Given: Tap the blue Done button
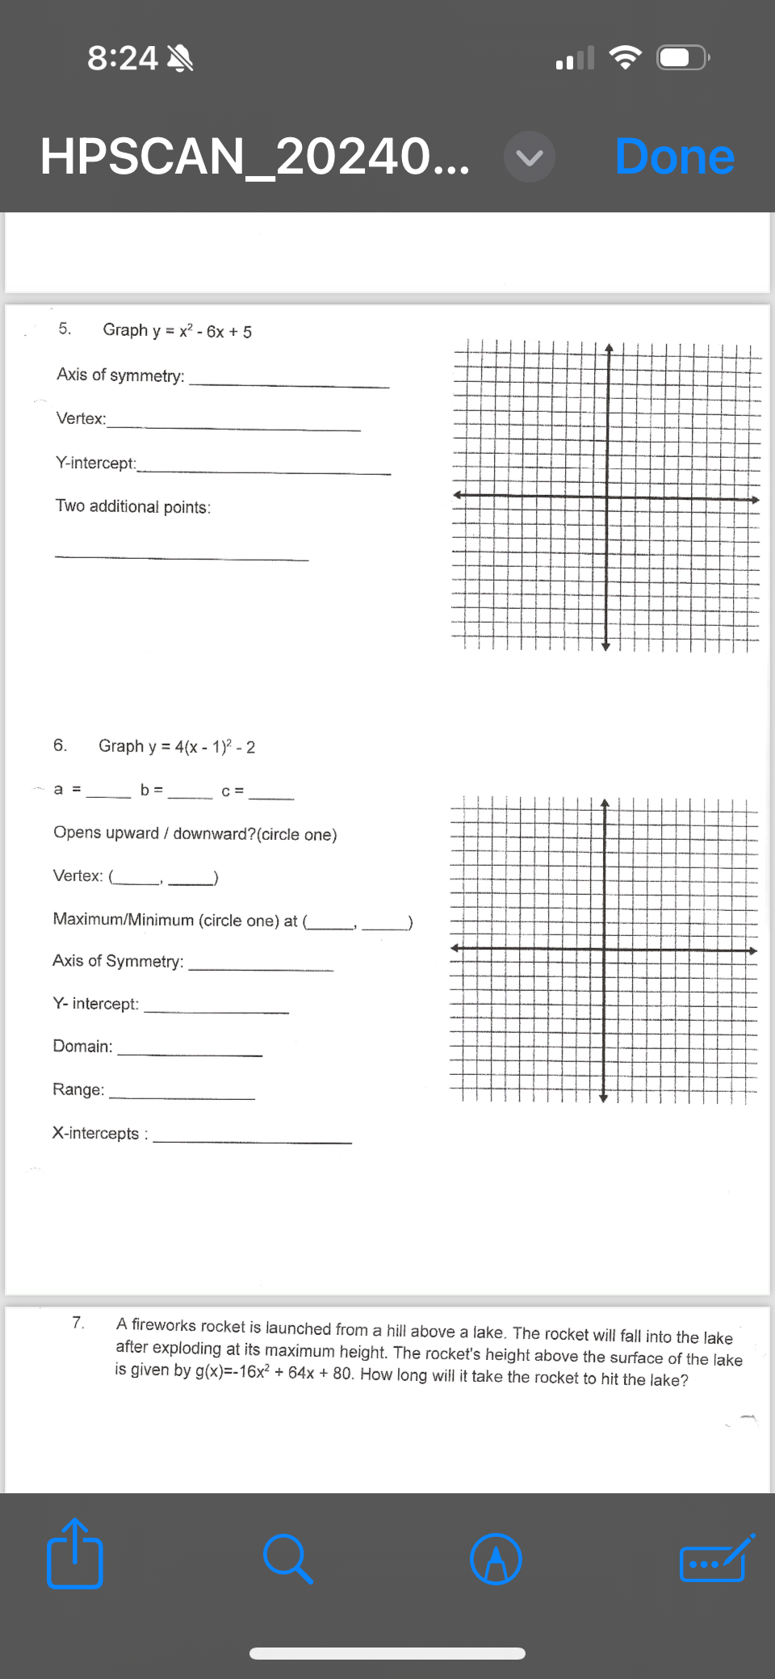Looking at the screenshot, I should (x=674, y=157).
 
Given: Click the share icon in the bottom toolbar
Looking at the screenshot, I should (x=74, y=1555).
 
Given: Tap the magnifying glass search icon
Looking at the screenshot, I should (x=287, y=1558).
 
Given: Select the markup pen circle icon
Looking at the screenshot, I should (x=496, y=1559).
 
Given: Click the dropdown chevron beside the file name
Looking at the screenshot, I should (x=530, y=157).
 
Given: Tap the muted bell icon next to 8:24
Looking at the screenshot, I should (x=179, y=58).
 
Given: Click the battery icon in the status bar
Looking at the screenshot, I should (x=682, y=58).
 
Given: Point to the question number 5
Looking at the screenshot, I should (x=65, y=329).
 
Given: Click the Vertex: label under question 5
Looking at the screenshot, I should (x=81, y=418).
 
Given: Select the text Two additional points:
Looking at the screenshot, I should (x=133, y=506).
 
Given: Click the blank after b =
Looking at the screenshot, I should (x=191, y=791).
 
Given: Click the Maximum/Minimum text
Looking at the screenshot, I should (x=124, y=919).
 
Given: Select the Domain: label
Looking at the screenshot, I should (x=82, y=1046).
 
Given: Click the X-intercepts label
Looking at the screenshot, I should (x=96, y=1133).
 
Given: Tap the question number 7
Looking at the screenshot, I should (x=78, y=1322).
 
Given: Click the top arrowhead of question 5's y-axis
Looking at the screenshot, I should (x=609, y=349).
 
